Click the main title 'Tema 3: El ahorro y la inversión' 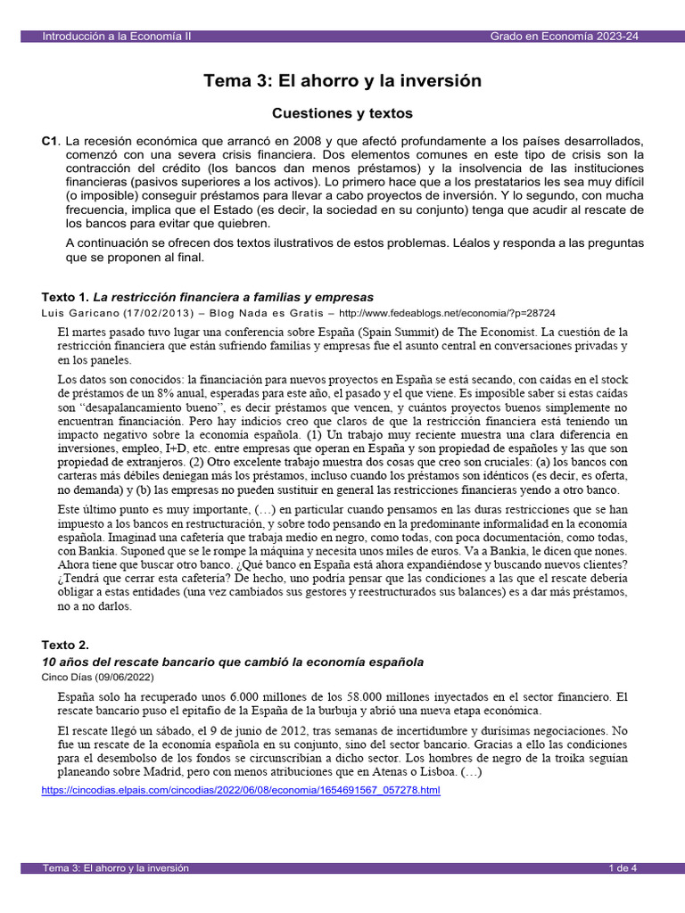tap(342, 81)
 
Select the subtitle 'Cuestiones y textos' tap(342, 113)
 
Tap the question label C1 tap(50, 142)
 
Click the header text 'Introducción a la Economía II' tap(116, 36)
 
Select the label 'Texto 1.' tap(65, 296)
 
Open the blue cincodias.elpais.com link tap(241, 790)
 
